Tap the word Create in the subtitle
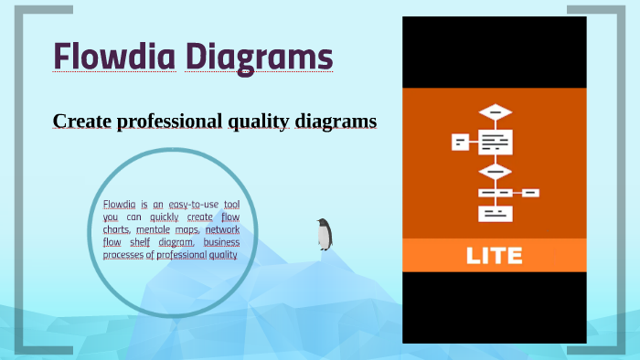pyautogui.click(x=81, y=121)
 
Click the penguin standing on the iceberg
pyautogui.click(x=325, y=234)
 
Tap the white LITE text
pyautogui.click(x=495, y=255)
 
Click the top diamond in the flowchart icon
pyautogui.click(x=495, y=112)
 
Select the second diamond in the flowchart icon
pyautogui.click(x=495, y=170)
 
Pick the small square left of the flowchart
pyautogui.click(x=461, y=142)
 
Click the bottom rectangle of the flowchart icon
pyautogui.click(x=495, y=213)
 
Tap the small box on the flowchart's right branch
pyautogui.click(x=530, y=193)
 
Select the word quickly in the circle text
pyautogui.click(x=165, y=217)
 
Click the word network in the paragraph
pyautogui.click(x=222, y=230)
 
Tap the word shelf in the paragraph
pyautogui.click(x=139, y=243)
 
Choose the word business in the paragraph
pyautogui.click(x=221, y=243)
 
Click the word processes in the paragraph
pyautogui.click(x=123, y=256)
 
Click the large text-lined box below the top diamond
pyautogui.click(x=495, y=142)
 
